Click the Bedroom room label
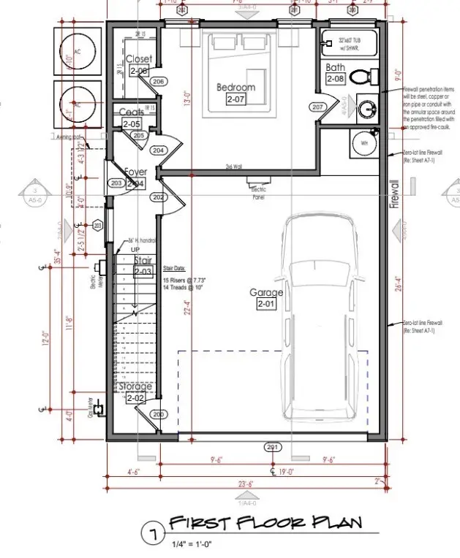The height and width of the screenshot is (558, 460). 235,88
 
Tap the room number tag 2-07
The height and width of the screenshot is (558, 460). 235,99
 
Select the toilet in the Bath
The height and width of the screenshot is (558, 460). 363,76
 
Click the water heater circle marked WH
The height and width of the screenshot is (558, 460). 363,142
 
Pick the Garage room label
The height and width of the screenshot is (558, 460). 265,293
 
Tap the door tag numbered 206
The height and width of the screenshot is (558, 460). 159,82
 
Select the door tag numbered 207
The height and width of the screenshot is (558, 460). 317,107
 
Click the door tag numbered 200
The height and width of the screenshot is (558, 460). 157,414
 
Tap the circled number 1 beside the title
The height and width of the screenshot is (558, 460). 154,535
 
